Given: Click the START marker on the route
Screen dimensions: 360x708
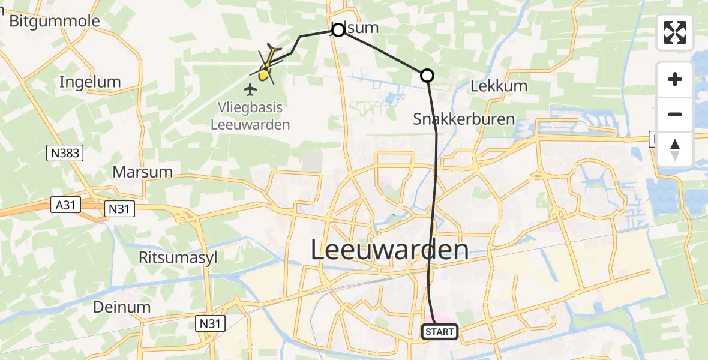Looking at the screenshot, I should point(440,331).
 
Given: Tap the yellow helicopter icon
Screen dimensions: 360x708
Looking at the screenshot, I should point(268,64).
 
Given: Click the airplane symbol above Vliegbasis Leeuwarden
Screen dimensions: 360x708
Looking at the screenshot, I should point(250,90).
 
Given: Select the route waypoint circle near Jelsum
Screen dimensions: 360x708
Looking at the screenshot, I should point(338,29).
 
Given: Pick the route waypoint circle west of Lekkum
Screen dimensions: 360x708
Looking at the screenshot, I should point(427,75).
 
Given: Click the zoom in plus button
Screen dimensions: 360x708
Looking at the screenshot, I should point(675,79).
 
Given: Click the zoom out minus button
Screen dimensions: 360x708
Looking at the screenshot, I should point(675,114).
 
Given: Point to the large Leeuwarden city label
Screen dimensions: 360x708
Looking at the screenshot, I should point(390,250).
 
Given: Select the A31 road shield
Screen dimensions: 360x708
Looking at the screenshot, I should point(64,205).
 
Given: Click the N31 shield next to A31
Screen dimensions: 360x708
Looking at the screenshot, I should point(119,209).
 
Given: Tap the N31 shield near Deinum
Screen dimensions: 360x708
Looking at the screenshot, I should point(211,324).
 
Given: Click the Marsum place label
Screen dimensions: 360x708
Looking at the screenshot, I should point(143,172).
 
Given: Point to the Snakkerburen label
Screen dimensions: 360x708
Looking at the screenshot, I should point(464,119).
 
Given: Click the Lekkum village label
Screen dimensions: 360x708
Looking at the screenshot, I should point(499,86).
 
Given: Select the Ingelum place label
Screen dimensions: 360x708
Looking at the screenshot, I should point(90,82).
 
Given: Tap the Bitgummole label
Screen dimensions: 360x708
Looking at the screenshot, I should point(54,22).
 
